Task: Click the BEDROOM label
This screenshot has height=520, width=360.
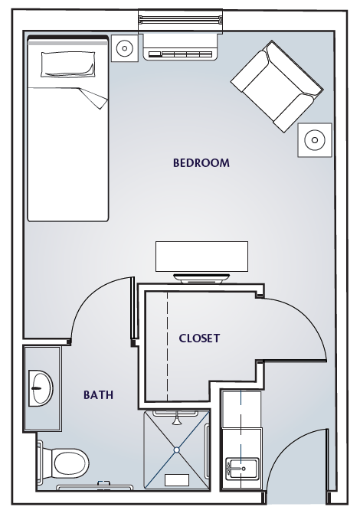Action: [201, 163]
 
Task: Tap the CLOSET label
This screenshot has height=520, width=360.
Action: [199, 338]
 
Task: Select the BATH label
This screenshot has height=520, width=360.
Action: [98, 395]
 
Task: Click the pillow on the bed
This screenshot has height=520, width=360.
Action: [67, 64]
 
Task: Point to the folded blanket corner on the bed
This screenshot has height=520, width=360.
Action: [93, 99]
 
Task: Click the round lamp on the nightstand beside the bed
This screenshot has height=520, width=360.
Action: [124, 48]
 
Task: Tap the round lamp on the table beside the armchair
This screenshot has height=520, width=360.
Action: [315, 139]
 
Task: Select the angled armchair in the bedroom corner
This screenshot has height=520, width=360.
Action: [277, 87]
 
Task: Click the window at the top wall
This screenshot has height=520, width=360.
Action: [180, 21]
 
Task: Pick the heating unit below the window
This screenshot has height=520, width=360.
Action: [180, 47]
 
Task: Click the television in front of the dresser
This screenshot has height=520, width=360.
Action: [201, 278]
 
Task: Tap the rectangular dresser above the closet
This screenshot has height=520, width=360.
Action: [201, 257]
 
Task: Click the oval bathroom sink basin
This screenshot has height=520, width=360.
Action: [41, 388]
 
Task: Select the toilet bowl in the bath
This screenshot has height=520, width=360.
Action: [70, 463]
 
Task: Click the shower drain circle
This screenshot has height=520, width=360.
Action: [176, 450]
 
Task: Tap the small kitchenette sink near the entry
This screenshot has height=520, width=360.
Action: [242, 469]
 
